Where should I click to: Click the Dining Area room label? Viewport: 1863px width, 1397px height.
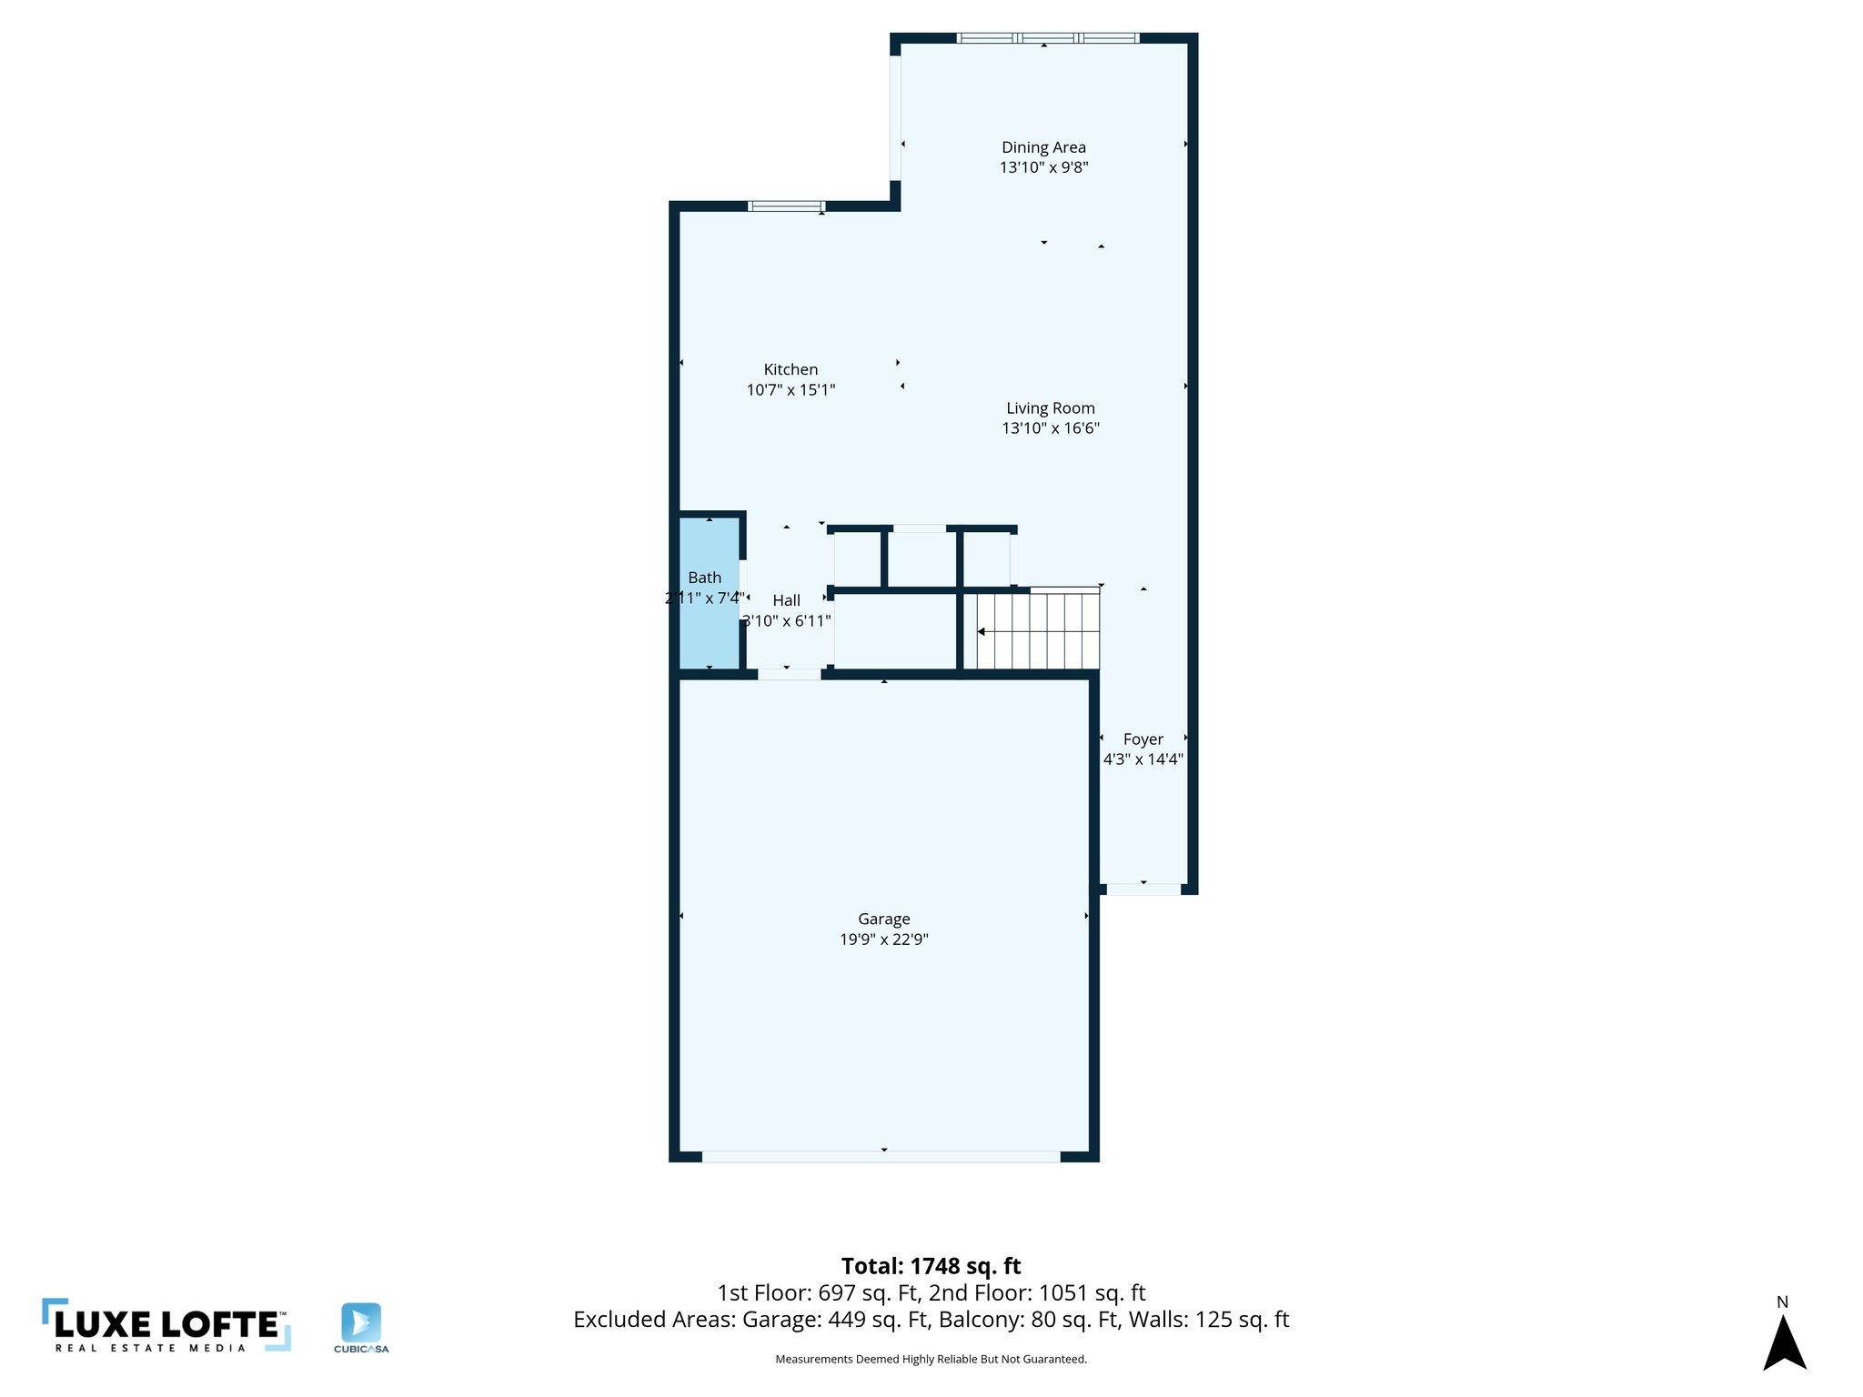pos(1043,147)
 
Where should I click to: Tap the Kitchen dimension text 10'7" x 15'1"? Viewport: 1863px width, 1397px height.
pos(791,390)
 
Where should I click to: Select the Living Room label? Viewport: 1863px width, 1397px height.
pos(1050,408)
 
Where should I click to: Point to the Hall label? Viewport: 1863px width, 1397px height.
pos(786,600)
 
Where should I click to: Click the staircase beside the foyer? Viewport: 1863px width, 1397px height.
pos(1037,631)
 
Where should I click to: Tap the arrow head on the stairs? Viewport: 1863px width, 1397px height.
pos(982,631)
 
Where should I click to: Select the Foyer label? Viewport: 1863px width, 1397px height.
pos(1143,739)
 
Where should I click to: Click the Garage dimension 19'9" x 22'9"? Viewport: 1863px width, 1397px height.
pos(883,940)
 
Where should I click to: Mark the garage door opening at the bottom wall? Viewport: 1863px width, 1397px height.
pos(881,1157)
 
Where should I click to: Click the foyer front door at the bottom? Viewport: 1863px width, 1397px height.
pos(1143,889)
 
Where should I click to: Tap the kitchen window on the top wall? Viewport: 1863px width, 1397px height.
pos(786,206)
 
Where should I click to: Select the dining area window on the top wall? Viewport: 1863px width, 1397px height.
pos(1047,38)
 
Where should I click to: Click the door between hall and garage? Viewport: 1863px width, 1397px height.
pos(789,674)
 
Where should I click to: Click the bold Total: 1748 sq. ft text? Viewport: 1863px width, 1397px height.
pos(931,1266)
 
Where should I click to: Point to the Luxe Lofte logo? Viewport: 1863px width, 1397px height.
pos(166,1325)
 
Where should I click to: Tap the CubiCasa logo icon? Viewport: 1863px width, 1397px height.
pos(361,1322)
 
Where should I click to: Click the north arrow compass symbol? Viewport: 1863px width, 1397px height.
pos(1784,1342)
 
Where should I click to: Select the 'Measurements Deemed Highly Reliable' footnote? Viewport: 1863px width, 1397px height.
pos(931,1359)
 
